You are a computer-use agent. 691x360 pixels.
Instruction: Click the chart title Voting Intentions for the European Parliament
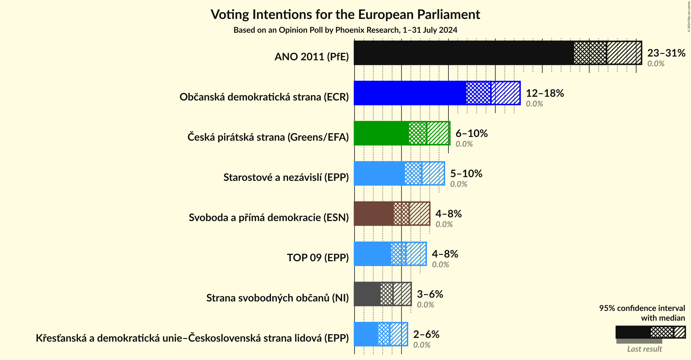coord(345,15)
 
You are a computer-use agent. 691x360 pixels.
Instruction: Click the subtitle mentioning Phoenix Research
coord(345,30)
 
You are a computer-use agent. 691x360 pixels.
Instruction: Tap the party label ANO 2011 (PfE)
coord(311,57)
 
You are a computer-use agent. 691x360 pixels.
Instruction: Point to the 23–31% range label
coord(666,53)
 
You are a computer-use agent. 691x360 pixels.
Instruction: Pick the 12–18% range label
coord(545,93)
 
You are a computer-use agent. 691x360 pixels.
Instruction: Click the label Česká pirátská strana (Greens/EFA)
coord(268,137)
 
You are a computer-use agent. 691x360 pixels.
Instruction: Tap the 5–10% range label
coord(466,174)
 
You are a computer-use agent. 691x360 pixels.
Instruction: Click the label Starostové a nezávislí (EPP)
coord(286,177)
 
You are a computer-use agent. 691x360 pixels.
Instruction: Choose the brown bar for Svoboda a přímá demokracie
coord(373,214)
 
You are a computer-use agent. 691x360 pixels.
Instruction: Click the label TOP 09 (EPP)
coord(318,258)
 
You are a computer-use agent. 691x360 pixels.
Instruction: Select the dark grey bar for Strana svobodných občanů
coord(367,294)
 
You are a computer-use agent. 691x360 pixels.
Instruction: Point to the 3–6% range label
coord(430,294)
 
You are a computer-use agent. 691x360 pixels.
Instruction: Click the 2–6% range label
coord(426,334)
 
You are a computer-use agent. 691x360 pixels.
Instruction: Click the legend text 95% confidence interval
coord(642,308)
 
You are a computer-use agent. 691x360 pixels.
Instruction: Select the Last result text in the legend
coord(644,349)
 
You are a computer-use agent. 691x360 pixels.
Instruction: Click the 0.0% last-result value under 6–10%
coord(464,144)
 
